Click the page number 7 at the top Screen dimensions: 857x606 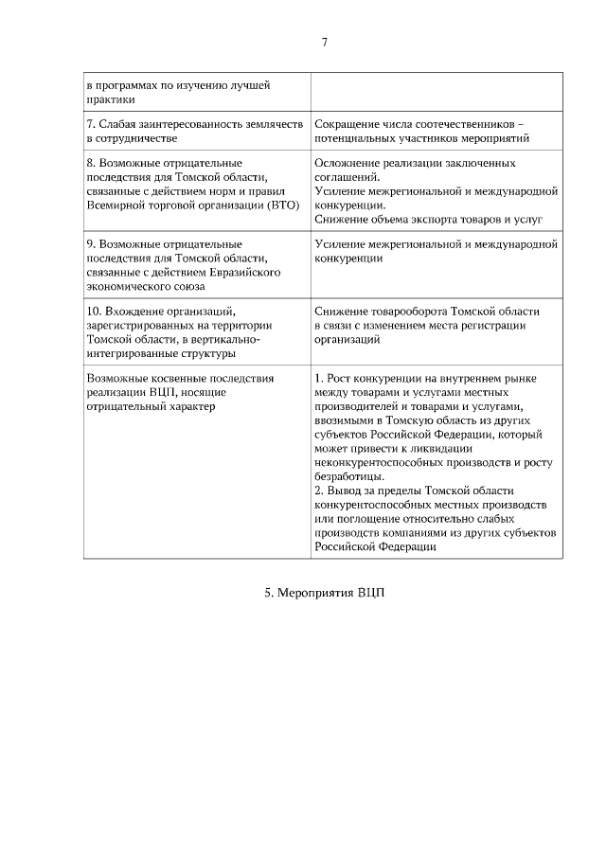325,43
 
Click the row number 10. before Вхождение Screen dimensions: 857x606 93,311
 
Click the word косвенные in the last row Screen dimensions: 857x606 177,377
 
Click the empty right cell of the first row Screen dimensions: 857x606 436,91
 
